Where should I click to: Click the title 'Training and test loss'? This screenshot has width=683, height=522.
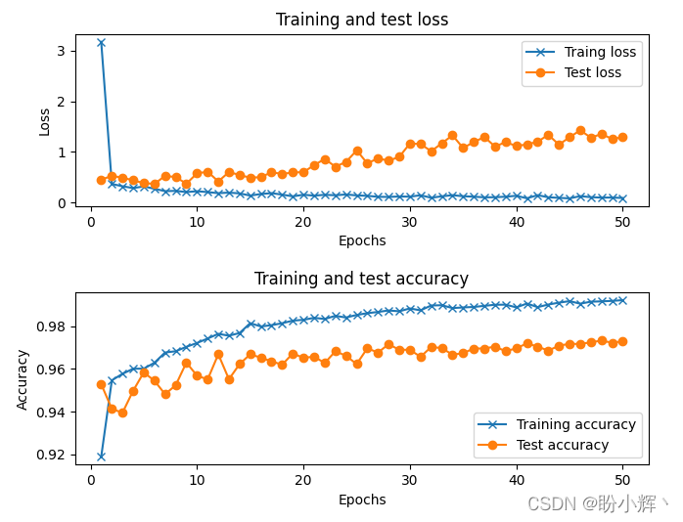362,20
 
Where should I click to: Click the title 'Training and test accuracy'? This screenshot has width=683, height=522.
362,279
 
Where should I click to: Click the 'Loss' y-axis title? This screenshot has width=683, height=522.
44,121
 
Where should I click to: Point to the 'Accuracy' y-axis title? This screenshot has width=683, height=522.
23,378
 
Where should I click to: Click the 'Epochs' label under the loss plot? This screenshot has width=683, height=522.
362,240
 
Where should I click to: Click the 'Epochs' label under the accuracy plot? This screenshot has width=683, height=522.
362,500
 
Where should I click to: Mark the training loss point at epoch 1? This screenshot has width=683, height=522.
101,43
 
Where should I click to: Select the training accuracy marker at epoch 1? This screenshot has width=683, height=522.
101,456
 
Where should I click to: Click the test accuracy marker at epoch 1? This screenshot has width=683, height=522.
101,384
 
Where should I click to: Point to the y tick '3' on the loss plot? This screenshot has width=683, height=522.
61,51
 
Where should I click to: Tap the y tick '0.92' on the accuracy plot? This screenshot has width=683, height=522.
50,456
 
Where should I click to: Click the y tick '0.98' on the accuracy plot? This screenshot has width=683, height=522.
50,326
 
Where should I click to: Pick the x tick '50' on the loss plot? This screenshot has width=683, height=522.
622,222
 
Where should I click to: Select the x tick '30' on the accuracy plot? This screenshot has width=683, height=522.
410,480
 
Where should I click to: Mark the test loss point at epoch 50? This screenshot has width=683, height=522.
622,137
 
